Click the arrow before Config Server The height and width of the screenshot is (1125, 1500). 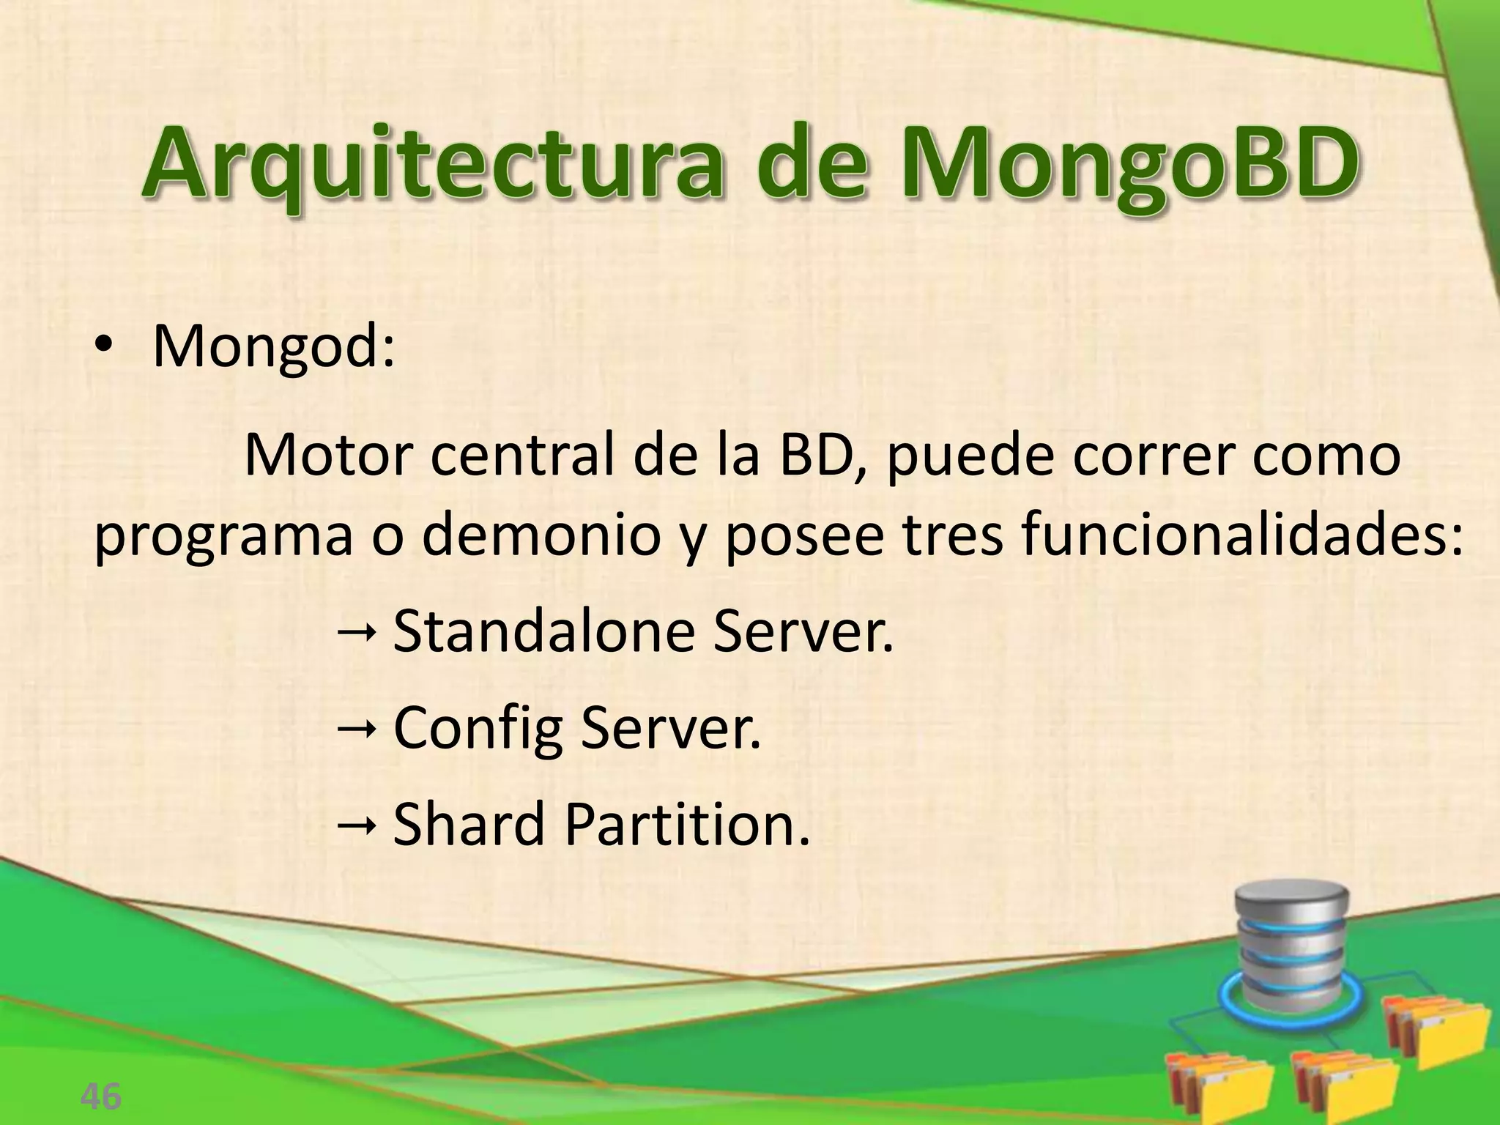357,727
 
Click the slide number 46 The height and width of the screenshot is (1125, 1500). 101,1097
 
